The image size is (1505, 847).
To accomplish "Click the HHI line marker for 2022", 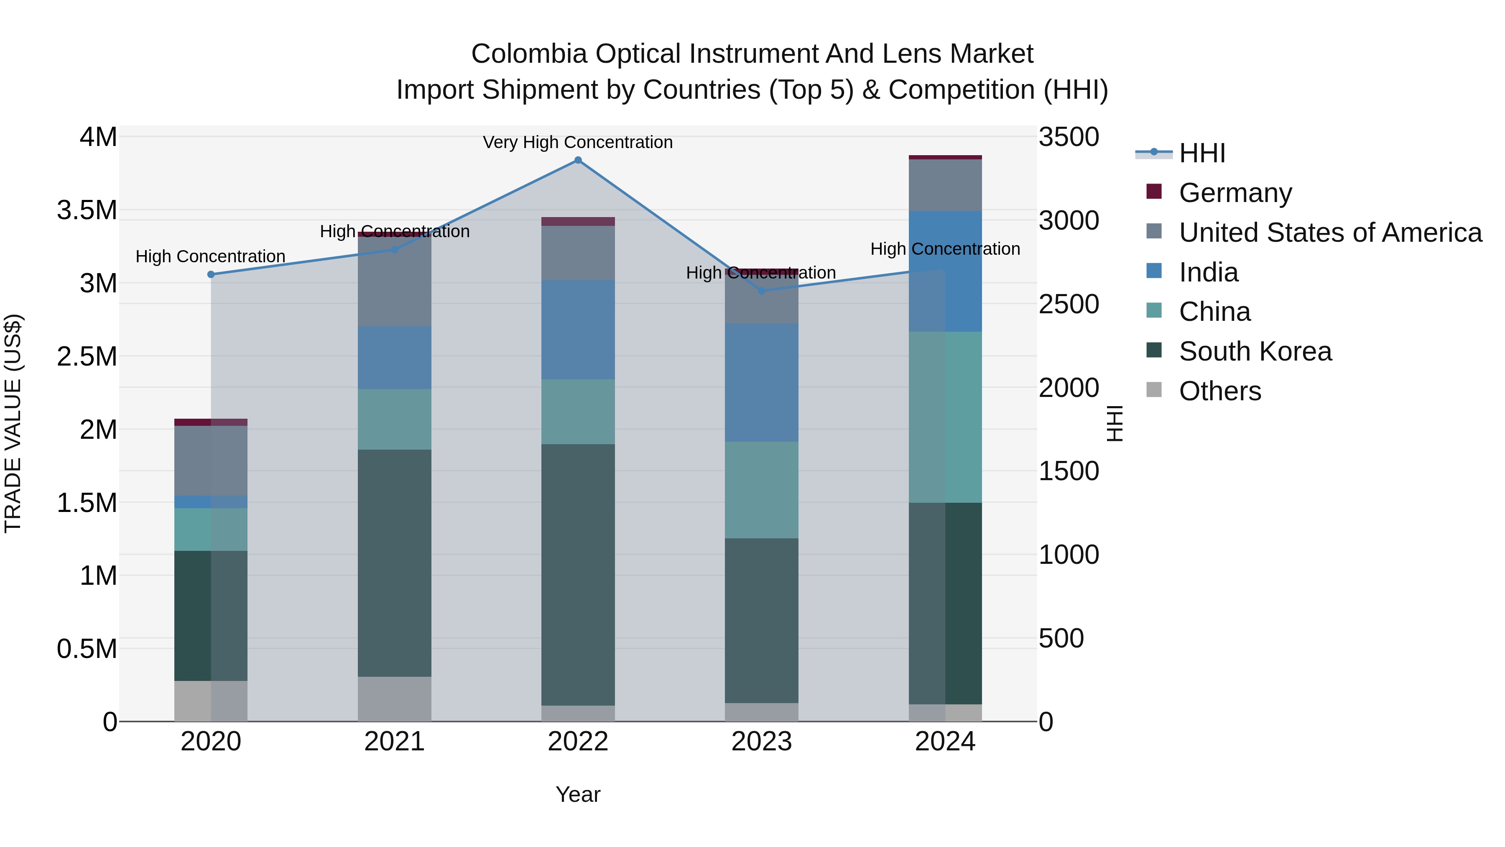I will tap(578, 160).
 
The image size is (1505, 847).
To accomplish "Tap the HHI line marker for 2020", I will tap(211, 274).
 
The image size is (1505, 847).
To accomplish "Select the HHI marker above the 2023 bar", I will tap(761, 291).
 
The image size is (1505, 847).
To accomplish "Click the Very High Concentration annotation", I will tap(577, 143).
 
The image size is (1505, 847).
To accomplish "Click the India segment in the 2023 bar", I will tap(761, 382).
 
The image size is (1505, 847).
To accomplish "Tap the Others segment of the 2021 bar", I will tap(394, 699).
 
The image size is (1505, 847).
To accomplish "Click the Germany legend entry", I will tap(1235, 193).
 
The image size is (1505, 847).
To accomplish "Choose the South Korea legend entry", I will tap(1255, 351).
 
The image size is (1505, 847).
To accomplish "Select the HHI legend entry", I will tap(1202, 153).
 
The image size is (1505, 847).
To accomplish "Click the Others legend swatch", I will tap(1154, 390).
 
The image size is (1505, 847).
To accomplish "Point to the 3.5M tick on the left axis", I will tap(87, 210).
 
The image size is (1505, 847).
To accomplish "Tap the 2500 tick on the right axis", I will tap(1069, 305).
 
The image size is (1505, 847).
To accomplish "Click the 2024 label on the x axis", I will tap(945, 742).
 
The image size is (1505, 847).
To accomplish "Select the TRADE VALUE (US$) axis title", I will tap(13, 423).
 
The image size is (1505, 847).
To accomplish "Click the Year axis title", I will tap(577, 794).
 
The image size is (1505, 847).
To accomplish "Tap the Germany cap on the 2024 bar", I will tap(945, 157).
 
